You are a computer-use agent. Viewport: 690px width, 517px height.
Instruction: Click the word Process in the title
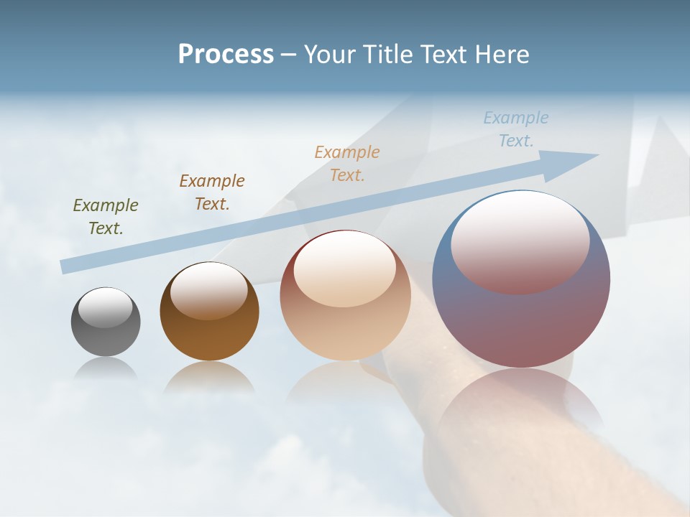click(x=226, y=55)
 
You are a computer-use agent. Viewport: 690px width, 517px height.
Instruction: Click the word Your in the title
click(x=330, y=55)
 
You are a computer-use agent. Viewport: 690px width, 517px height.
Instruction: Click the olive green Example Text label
click(x=106, y=217)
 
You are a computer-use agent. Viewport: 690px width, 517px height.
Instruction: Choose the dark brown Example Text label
click(x=212, y=192)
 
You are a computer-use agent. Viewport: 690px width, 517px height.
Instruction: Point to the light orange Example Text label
click(x=347, y=163)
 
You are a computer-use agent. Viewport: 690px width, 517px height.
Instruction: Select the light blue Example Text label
click(x=516, y=129)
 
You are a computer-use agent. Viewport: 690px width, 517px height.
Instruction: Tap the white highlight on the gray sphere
click(x=106, y=307)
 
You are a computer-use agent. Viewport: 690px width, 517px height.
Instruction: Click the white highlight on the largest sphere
click(x=520, y=241)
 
